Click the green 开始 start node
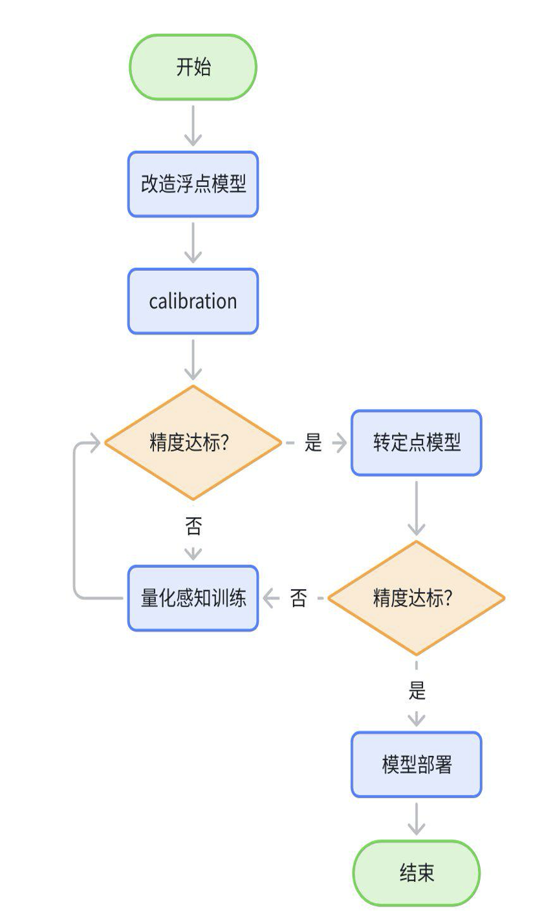tap(193, 67)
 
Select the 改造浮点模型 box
tap(193, 184)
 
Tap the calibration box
tap(193, 301)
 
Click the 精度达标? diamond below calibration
tap(193, 443)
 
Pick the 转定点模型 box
tap(416, 443)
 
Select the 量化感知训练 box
tap(193, 598)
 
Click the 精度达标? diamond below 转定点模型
tap(416, 598)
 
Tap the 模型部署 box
tap(416, 765)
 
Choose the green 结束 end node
tap(416, 874)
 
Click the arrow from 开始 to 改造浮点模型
tap(193, 125)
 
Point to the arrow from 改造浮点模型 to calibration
tap(193, 242)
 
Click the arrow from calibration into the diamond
tap(193, 359)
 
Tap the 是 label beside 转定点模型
tap(313, 443)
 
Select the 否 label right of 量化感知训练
tap(298, 598)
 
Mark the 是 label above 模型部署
tap(417, 691)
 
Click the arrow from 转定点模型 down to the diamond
tap(416, 508)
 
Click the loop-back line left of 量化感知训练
tap(75, 517)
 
